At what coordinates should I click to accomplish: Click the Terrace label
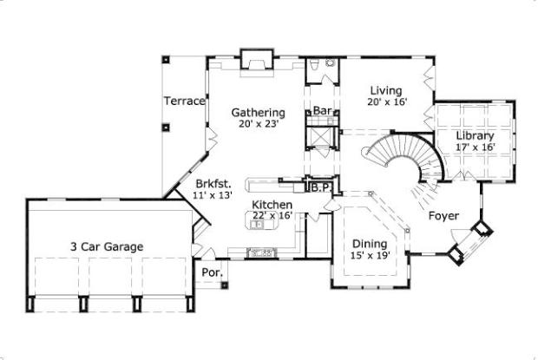click(x=185, y=101)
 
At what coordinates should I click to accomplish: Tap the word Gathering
click(x=258, y=113)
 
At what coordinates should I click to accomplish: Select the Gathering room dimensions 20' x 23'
click(x=258, y=124)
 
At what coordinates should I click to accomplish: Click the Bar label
click(x=322, y=111)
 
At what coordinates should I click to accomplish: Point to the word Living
click(x=386, y=89)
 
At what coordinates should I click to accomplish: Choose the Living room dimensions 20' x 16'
click(x=386, y=101)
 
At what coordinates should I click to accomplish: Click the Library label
click(x=475, y=135)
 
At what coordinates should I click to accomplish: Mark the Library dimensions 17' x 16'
click(x=475, y=147)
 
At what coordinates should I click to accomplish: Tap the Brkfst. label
click(x=213, y=184)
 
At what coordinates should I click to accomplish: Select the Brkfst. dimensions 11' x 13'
click(x=213, y=195)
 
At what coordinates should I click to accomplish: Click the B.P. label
click(x=318, y=186)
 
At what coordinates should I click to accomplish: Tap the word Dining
click(x=371, y=243)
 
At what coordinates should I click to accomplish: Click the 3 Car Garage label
click(x=108, y=246)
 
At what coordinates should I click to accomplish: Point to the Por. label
click(x=211, y=272)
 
